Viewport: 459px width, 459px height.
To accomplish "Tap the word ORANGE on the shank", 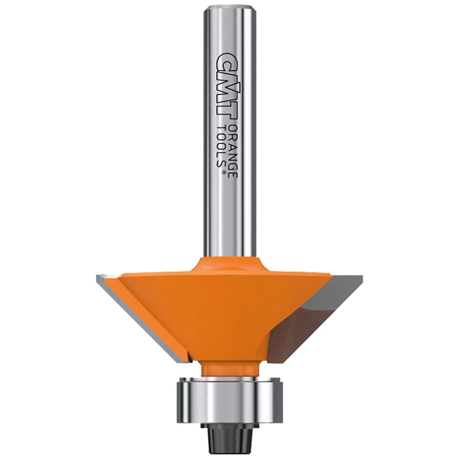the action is (x=233, y=150).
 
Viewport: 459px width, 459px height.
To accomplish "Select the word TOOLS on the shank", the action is (x=221, y=146).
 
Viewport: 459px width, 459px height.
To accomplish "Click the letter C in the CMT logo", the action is (x=226, y=60).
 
